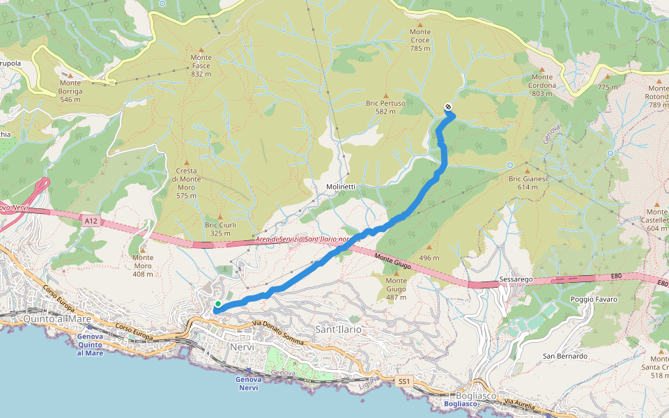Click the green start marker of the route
tap(218, 304)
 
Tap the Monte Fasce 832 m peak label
tap(201, 65)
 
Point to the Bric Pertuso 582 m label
tap(385, 107)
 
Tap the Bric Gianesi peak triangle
tap(528, 170)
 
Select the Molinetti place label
tap(341, 187)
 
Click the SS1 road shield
tap(404, 381)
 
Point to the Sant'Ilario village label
tap(339, 328)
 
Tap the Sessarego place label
tap(516, 279)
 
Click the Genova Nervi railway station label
tap(249, 382)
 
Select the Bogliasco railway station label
tap(460, 403)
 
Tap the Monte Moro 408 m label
tap(143, 265)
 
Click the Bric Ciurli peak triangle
tap(220, 216)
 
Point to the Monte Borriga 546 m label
tap(70, 95)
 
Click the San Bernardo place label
tap(565, 356)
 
